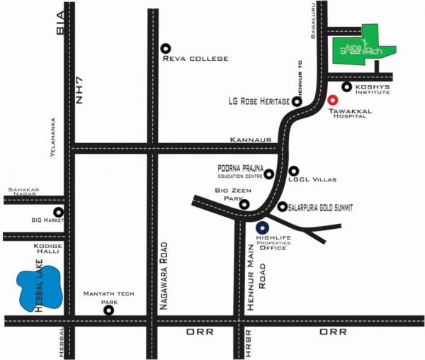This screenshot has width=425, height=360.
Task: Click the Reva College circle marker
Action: tap(166, 48)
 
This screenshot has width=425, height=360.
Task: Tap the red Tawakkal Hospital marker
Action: tap(333, 99)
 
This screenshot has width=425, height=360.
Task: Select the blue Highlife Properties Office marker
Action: tap(263, 228)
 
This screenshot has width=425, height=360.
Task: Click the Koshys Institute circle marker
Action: tap(347, 87)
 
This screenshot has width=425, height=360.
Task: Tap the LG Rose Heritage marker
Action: tap(297, 101)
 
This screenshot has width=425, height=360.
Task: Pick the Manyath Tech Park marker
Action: tap(108, 310)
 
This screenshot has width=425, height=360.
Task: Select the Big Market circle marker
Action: tap(59, 212)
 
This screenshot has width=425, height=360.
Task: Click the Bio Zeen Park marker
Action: tap(244, 205)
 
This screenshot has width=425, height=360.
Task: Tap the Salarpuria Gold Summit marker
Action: tap(283, 207)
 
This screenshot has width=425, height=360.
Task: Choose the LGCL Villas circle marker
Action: tap(294, 171)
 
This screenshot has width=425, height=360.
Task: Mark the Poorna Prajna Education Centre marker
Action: tap(269, 174)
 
